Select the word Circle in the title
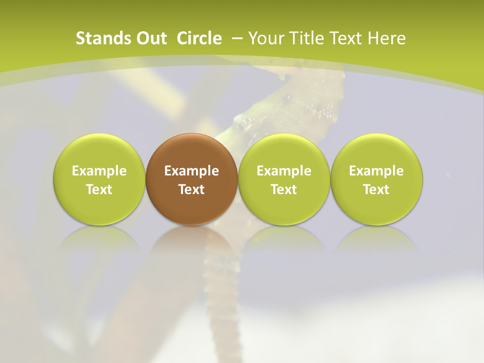[199, 38]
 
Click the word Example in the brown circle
[192, 171]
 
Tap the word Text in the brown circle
[192, 190]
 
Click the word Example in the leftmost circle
[99, 171]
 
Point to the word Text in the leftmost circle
[99, 190]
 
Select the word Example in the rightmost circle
[376, 171]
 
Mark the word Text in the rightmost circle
[376, 190]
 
